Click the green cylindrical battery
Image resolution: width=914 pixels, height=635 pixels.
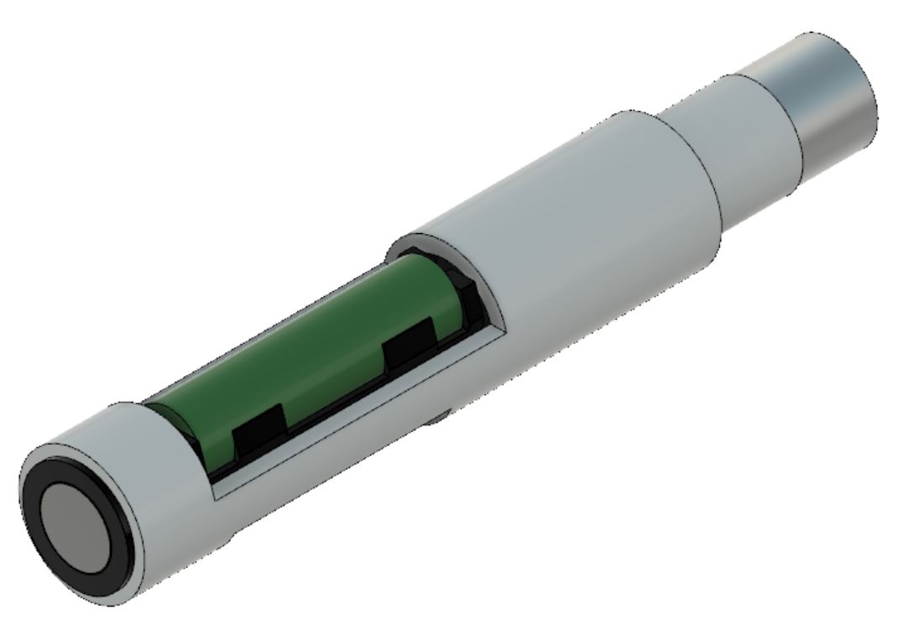[319, 336]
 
